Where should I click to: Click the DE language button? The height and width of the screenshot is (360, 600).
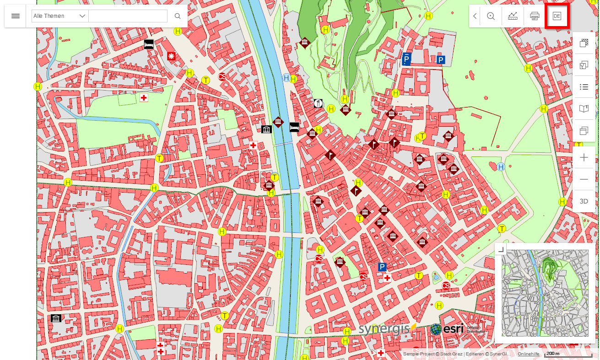[557, 16]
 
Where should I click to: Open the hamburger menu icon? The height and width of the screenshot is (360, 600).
[16, 16]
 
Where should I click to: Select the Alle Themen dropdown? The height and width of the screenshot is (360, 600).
[59, 16]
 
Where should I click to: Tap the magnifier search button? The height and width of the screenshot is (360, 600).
[178, 16]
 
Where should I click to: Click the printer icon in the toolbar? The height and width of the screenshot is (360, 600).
[535, 16]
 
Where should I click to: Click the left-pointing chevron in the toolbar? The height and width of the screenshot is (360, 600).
[475, 16]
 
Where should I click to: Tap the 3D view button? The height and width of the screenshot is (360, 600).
[584, 201]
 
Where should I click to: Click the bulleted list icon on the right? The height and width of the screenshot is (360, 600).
[584, 87]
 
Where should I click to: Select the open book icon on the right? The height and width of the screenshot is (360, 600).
[584, 109]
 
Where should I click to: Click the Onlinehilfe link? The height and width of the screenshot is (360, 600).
[528, 354]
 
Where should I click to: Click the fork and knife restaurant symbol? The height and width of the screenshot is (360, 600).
[319, 103]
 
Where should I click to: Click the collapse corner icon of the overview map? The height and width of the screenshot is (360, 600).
[501, 249]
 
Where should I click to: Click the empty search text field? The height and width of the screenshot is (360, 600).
[128, 16]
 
